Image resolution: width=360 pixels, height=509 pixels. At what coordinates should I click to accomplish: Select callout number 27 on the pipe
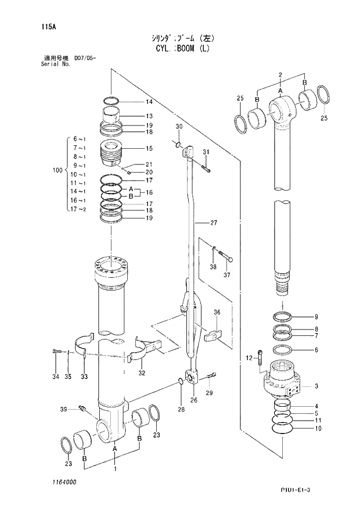(214, 223)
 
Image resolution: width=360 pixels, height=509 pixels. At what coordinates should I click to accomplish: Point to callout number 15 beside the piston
(149, 148)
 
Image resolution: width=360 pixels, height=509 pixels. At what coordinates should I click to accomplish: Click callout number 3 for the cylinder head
(316, 386)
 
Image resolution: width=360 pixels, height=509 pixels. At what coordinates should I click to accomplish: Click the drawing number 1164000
(62, 482)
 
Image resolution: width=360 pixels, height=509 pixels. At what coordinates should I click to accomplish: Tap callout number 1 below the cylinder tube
(115, 468)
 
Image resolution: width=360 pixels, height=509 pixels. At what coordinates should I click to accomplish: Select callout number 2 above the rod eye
(280, 75)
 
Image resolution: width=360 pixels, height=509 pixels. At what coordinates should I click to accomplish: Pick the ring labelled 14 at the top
(113, 99)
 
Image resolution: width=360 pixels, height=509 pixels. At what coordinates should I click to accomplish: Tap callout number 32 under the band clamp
(142, 372)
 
